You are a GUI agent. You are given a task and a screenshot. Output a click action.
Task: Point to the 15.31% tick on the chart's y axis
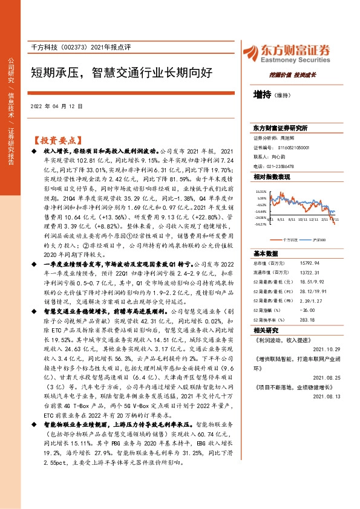(x=261, y=191)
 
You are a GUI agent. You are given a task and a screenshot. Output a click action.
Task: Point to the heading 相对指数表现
(x=272, y=176)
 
